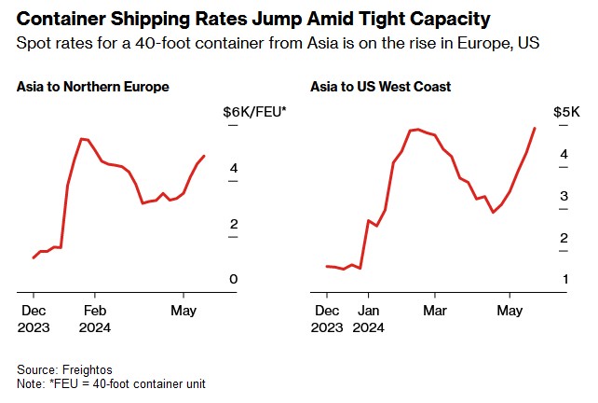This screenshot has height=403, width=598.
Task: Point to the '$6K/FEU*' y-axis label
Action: [254, 112]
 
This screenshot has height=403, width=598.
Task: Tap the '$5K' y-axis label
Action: [566, 112]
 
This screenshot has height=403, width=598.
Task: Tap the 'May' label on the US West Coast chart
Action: [510, 310]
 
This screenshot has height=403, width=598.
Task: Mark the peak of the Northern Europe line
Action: [82, 139]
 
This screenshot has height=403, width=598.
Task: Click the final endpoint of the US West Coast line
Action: [535, 128]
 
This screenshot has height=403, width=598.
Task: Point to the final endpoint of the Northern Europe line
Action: [205, 156]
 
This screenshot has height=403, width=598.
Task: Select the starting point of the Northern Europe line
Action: [34, 257]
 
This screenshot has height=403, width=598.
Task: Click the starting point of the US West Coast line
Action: [326, 266]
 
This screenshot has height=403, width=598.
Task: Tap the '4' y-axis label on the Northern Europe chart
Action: [234, 168]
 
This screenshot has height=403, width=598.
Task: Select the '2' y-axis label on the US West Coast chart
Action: [564, 238]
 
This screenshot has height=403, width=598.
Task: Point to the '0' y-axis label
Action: [234, 279]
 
